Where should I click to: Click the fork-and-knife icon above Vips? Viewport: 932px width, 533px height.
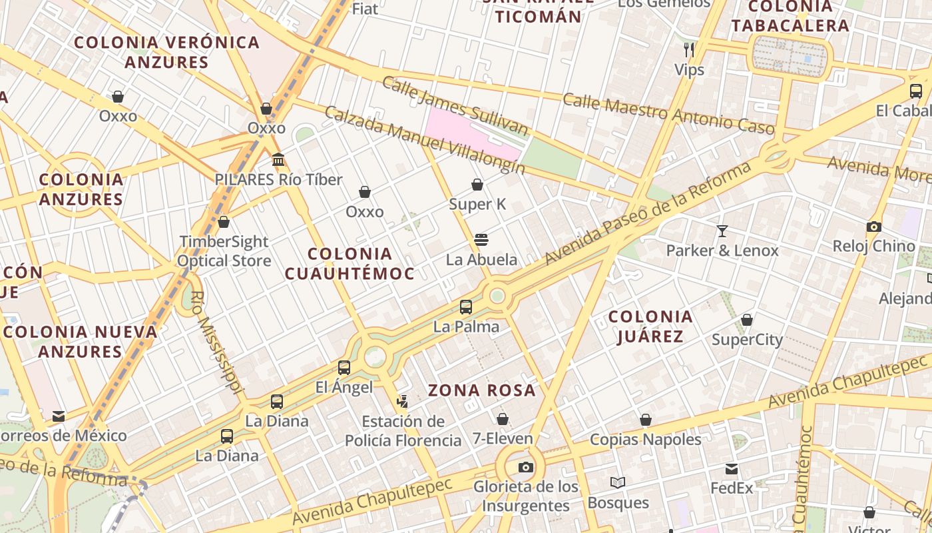689,49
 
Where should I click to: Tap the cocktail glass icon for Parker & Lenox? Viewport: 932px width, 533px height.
722,231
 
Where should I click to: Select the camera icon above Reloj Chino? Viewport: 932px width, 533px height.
874,227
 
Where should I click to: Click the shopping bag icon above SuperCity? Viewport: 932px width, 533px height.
747,320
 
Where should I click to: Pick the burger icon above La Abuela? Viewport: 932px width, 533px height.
481,240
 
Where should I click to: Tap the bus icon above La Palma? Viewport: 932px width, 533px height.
466,307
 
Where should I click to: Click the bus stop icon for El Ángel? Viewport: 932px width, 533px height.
344,367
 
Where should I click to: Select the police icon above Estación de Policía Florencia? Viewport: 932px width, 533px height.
402,401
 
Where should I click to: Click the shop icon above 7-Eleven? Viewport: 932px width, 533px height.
503,419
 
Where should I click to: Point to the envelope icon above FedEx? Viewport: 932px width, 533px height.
732,468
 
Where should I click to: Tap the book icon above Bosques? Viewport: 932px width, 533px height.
618,482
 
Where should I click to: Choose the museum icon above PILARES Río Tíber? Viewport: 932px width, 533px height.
278,160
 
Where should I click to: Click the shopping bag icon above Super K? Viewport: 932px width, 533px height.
477,185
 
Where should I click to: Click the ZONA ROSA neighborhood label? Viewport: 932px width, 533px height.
482,390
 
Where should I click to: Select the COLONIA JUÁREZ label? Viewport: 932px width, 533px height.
650,326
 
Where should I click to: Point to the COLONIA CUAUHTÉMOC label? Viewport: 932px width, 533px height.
350,263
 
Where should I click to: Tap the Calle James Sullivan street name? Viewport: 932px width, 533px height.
455,105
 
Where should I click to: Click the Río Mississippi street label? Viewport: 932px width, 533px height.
216,341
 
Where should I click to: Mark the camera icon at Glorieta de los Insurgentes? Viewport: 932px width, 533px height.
526,467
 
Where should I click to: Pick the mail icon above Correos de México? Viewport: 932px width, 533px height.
59,416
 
